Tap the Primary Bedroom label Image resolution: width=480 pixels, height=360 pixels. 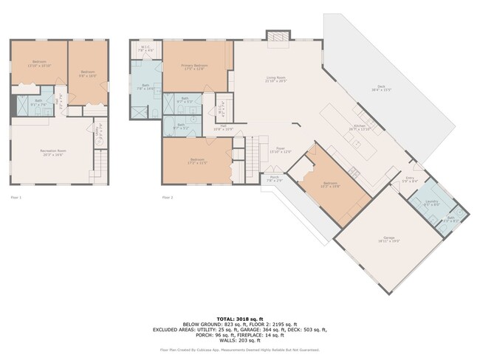point(195,67)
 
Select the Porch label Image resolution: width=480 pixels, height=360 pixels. point(273,179)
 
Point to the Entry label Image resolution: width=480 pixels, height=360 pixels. point(411,179)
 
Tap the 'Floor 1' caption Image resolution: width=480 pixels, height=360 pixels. point(16,198)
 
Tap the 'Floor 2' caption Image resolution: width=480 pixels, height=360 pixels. point(168,198)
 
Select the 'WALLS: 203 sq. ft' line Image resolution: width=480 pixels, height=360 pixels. point(240,340)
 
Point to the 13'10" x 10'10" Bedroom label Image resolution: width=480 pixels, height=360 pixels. point(39,64)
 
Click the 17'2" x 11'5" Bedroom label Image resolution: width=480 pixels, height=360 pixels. point(197,162)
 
